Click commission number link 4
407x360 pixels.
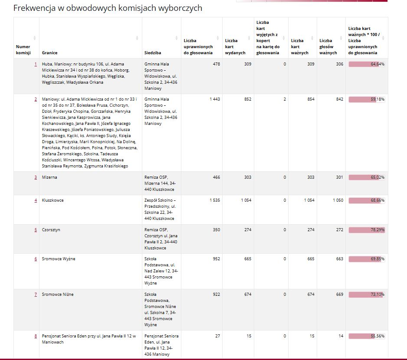coord(36,200)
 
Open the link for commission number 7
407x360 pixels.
coord(36,295)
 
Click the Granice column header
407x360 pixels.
coord(49,52)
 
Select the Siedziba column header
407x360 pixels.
coord(153,52)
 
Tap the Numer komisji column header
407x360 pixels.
coord(23,49)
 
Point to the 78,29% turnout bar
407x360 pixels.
coord(367,230)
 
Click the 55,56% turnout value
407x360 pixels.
coord(377,336)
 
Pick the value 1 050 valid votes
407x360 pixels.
coord(338,200)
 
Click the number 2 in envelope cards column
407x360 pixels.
coord(285,99)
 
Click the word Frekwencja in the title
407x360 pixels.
coord(35,8)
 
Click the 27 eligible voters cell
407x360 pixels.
coord(217,336)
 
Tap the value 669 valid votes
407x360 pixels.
coord(339,295)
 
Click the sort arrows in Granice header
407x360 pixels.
coord(137,38)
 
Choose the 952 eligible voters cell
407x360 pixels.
coord(216,259)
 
